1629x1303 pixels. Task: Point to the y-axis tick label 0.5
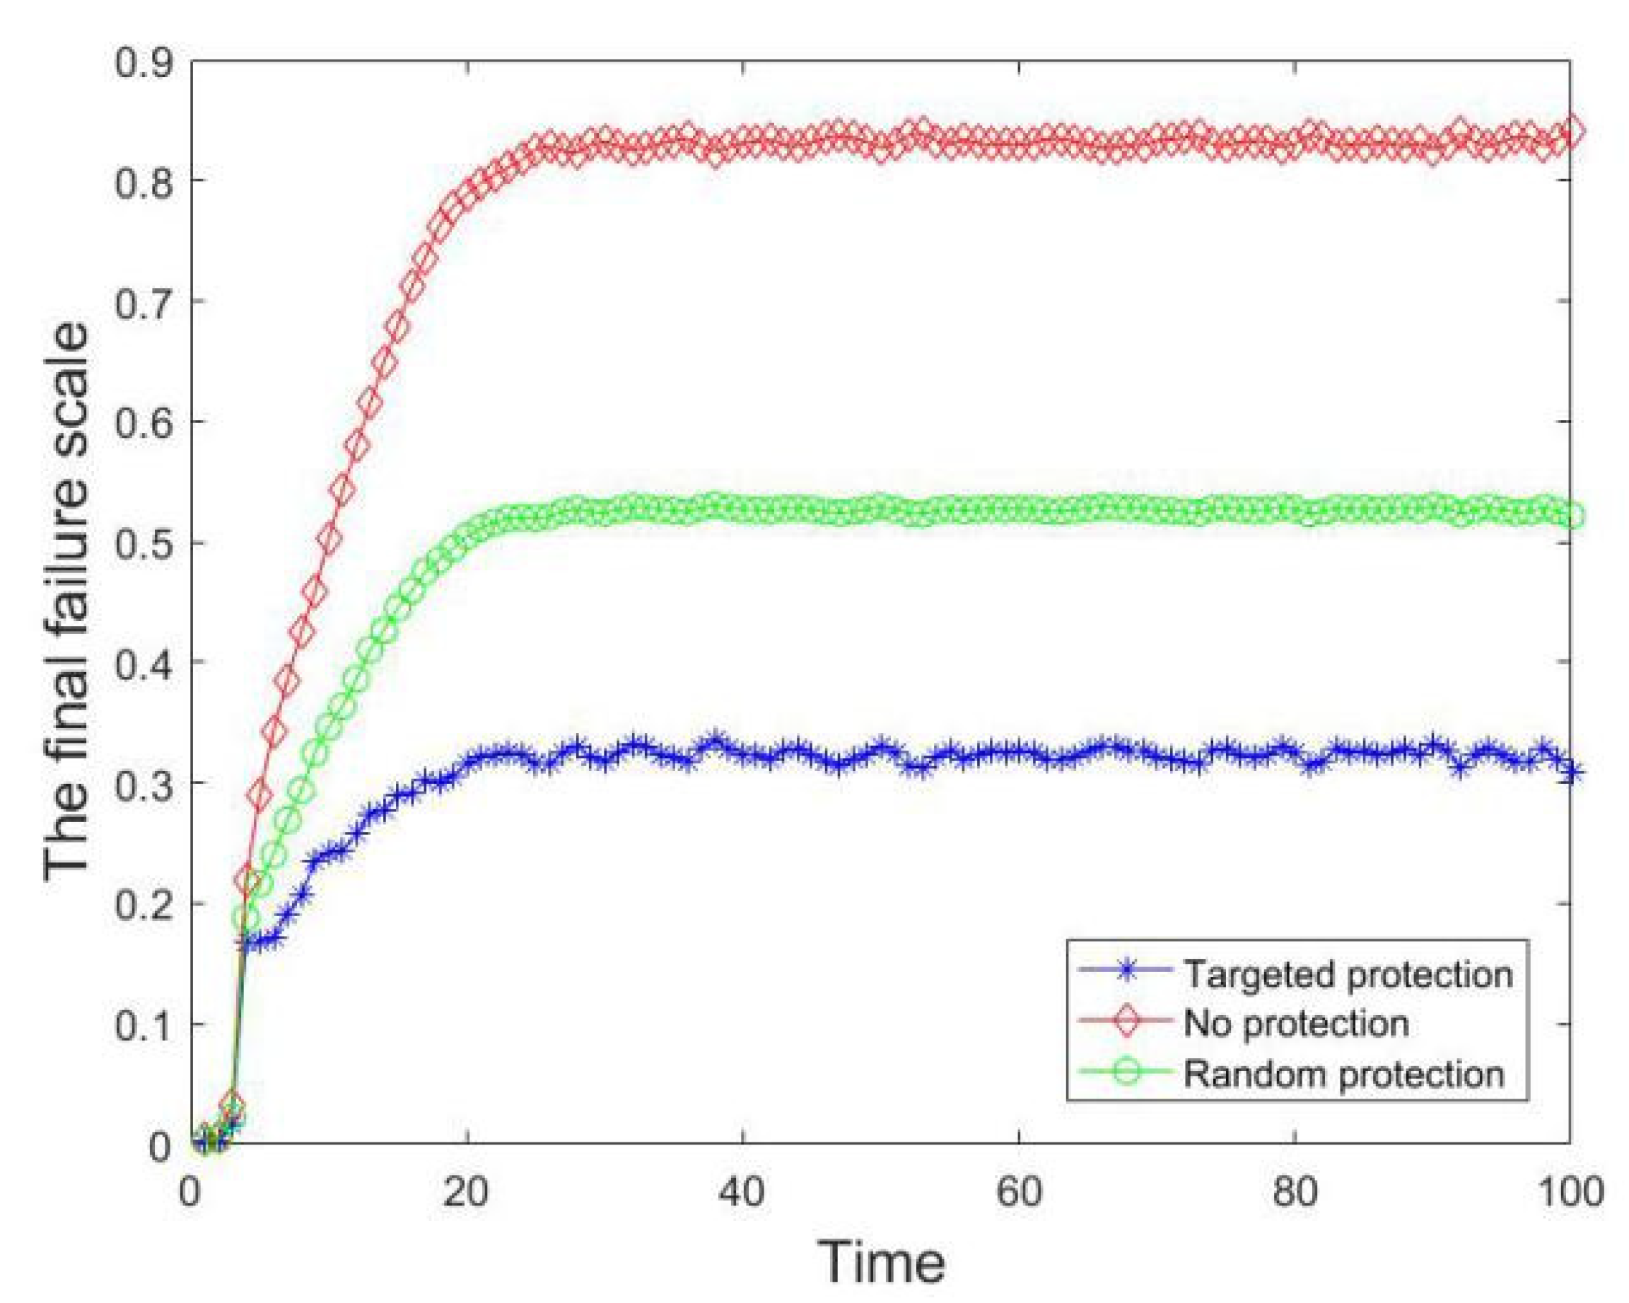pyautogui.click(x=144, y=543)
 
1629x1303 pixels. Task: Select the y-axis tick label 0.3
pyautogui.click(x=144, y=783)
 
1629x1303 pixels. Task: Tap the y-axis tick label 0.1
pyautogui.click(x=144, y=1025)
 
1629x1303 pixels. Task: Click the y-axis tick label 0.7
pyautogui.click(x=144, y=301)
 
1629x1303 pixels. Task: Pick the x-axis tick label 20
pyautogui.click(x=466, y=1193)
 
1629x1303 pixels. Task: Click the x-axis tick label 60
pyautogui.click(x=1019, y=1193)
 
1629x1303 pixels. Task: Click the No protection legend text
pyautogui.click(x=1296, y=1024)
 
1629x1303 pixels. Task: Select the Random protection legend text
pyautogui.click(x=1343, y=1073)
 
